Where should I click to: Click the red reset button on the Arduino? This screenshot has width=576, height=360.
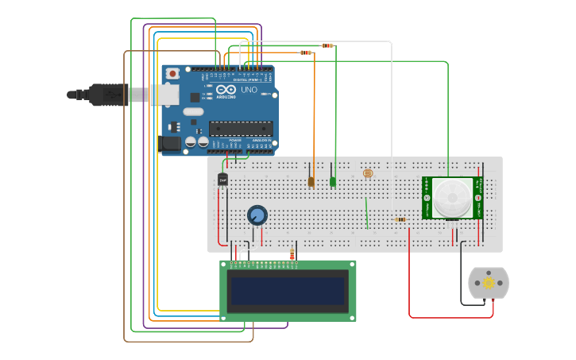point(172,74)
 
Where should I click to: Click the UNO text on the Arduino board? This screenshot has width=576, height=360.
point(249,90)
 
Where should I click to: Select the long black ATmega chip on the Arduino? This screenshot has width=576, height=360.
point(241,128)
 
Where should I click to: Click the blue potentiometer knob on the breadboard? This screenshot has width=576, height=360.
point(257,215)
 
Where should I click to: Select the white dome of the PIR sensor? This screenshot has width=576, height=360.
point(451,197)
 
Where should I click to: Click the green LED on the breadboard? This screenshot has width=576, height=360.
point(333,182)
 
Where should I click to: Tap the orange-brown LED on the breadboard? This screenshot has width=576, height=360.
point(311,182)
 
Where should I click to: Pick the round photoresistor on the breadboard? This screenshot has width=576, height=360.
point(367,173)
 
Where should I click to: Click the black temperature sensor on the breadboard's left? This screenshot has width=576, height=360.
point(222,180)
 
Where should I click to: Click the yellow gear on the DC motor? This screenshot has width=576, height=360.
point(488,283)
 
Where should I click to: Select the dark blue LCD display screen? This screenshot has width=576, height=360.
point(288,292)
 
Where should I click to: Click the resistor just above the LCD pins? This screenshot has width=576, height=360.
point(292,254)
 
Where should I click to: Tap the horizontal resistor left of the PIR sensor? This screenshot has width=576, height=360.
point(400,219)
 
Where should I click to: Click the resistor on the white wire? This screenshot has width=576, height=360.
point(327,45)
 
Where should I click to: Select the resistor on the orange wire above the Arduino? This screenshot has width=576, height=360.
point(306,52)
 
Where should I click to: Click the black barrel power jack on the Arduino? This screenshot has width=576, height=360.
point(169,143)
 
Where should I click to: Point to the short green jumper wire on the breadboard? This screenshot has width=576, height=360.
point(366,212)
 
